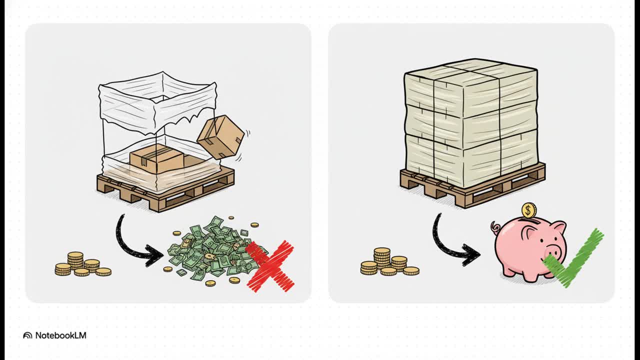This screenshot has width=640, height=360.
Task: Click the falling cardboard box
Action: click(x=220, y=137)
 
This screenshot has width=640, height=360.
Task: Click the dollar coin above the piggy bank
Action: click(x=529, y=210)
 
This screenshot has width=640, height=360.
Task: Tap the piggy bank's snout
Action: click(x=552, y=252)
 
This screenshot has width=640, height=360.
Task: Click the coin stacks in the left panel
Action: click(x=83, y=264)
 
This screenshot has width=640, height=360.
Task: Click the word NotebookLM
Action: click(x=60, y=335)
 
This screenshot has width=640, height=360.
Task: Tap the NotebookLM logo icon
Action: click(x=27, y=335)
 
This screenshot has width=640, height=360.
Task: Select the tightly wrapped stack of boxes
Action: click(x=471, y=121)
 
